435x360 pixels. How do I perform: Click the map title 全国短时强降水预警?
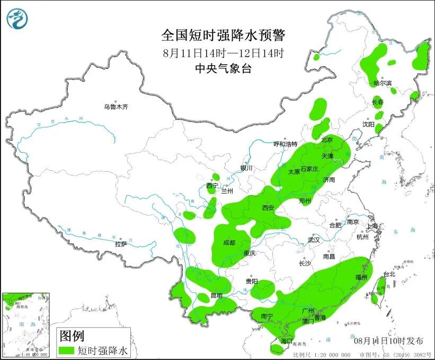(223, 36)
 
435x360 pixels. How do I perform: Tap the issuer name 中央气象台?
(223, 68)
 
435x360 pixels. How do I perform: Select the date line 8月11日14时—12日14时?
(223, 52)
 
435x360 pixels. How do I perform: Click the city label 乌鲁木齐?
(116, 107)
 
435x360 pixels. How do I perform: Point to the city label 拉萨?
(121, 244)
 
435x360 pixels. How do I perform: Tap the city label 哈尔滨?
(383, 83)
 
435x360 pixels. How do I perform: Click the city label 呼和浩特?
(285, 144)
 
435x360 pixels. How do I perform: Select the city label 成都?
(229, 243)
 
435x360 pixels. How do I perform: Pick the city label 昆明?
(217, 295)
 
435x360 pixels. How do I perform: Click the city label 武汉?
(314, 240)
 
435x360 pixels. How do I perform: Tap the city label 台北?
(389, 274)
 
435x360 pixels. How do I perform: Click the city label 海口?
(287, 340)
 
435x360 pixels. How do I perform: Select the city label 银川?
(247, 168)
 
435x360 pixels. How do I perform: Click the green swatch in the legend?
(67, 350)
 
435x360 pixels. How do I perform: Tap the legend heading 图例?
(71, 336)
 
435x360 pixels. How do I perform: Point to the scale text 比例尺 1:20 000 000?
(322, 355)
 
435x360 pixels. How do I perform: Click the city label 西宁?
(212, 186)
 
